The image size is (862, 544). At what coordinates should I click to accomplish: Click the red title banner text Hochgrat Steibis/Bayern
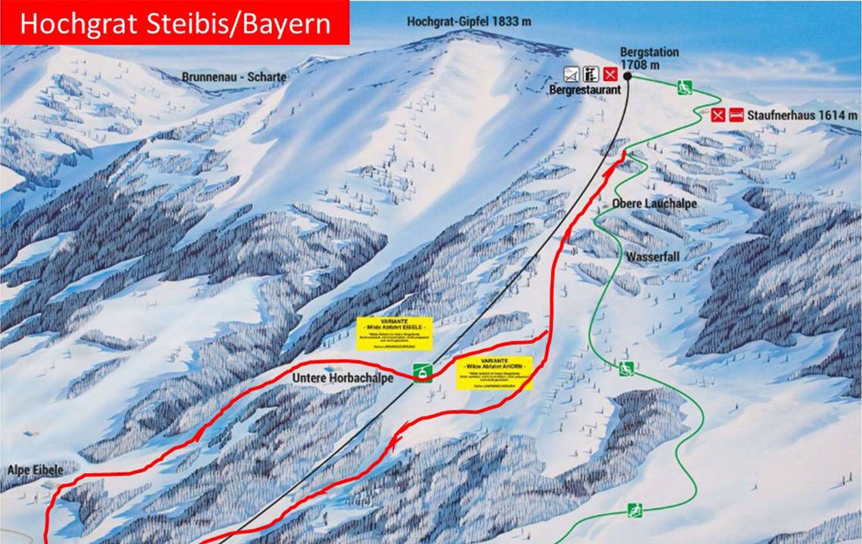(x=175, y=23)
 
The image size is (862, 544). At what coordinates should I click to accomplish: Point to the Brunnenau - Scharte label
(x=234, y=77)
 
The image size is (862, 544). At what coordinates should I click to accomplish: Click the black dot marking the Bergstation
(x=628, y=76)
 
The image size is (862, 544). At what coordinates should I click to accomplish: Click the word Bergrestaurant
(x=584, y=89)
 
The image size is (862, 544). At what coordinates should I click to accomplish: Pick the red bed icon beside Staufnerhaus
(x=736, y=116)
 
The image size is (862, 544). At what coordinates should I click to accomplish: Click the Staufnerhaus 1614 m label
(x=802, y=116)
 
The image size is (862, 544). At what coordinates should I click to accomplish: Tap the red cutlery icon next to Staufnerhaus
(x=718, y=116)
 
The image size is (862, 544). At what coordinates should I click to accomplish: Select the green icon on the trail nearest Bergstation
(x=685, y=87)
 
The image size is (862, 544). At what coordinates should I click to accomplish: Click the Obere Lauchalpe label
(x=643, y=204)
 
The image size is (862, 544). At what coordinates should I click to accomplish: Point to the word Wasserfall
(x=652, y=257)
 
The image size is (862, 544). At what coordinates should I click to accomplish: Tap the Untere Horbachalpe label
(x=343, y=378)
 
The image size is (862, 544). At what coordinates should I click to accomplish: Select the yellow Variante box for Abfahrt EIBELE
(x=395, y=333)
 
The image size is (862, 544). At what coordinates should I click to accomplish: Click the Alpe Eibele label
(x=35, y=470)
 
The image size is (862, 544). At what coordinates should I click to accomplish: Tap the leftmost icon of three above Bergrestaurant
(x=572, y=74)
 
